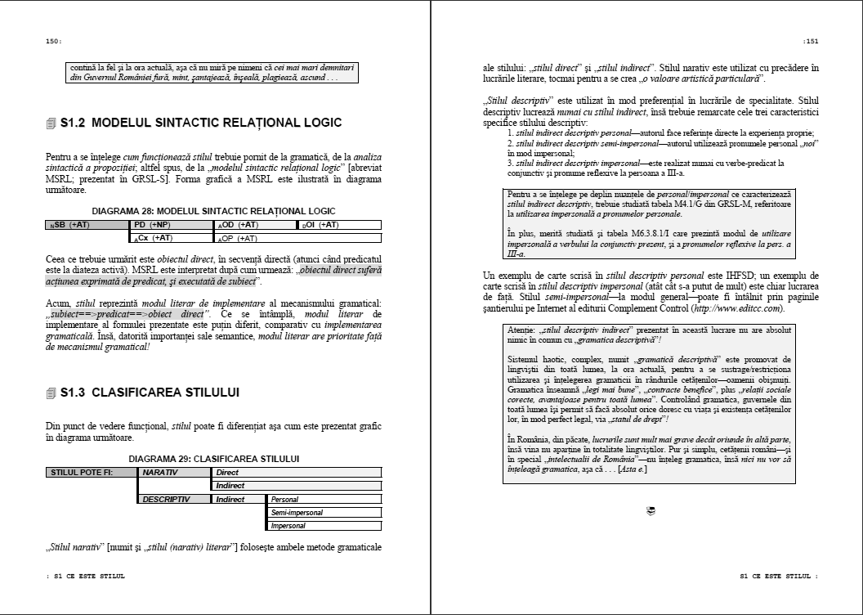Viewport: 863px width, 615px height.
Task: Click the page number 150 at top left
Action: pyautogui.click(x=53, y=41)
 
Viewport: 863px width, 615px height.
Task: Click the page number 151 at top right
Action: pyautogui.click(x=810, y=41)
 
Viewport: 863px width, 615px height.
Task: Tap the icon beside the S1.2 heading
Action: pyautogui.click(x=51, y=123)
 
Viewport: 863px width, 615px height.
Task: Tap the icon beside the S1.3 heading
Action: pyautogui.click(x=51, y=393)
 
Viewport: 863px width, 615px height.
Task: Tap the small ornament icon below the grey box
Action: pyautogui.click(x=651, y=511)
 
